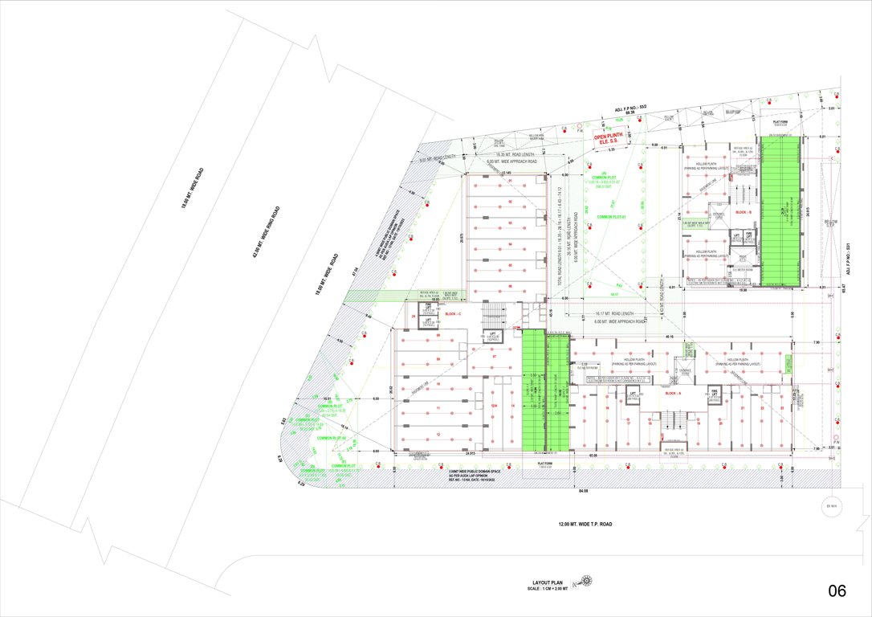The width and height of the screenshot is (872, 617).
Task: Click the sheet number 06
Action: coord(837,591)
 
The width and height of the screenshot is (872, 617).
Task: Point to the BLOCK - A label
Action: coord(673,394)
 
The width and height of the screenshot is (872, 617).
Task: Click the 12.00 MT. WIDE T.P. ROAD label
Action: coord(585,524)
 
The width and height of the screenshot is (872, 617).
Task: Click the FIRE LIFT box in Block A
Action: coord(714,394)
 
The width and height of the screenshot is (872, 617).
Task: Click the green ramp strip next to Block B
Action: coord(780,210)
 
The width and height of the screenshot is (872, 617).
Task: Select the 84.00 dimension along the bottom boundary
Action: coord(581,490)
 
